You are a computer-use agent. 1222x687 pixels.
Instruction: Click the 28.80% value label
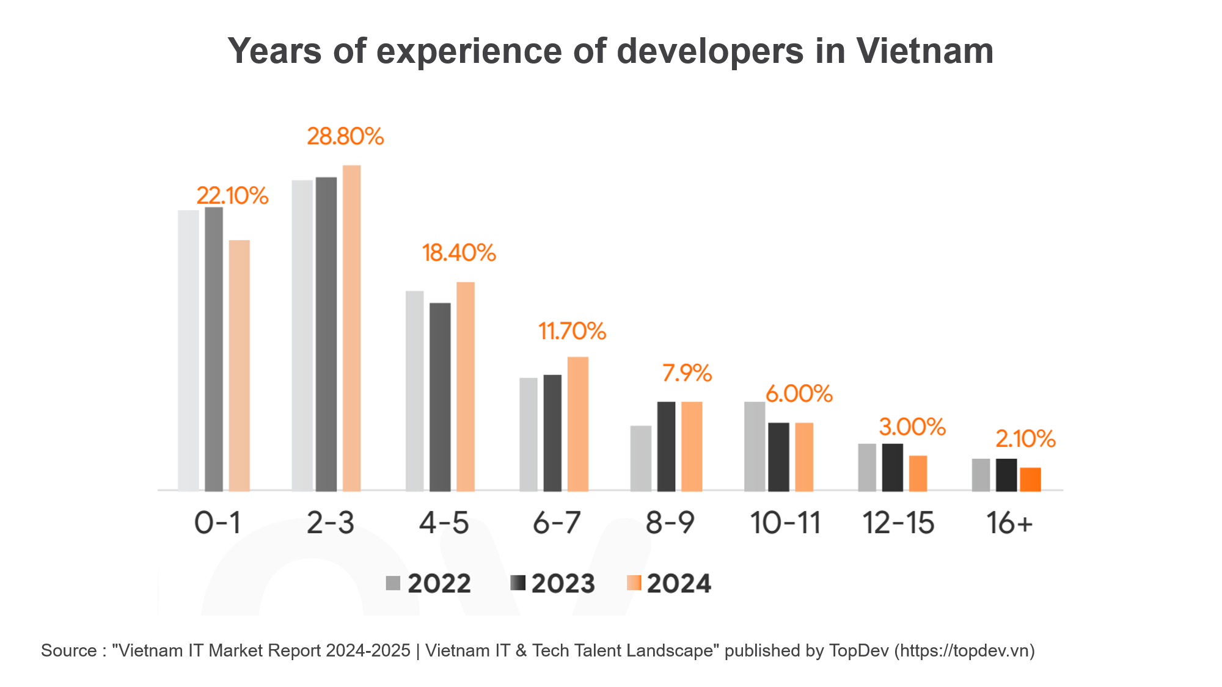pos(345,136)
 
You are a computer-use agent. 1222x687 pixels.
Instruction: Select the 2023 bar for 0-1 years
pos(214,349)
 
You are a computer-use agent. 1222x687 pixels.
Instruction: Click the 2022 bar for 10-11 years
pos(755,446)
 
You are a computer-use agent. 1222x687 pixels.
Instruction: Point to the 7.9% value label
pos(687,373)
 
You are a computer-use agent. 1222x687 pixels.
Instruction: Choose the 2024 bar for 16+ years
pos(1030,479)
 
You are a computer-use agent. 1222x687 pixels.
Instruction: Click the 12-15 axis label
pos(898,523)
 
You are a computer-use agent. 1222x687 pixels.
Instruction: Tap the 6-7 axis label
pos(557,523)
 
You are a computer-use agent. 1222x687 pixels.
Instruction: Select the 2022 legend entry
pos(428,583)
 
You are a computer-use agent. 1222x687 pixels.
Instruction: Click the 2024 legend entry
pos(669,583)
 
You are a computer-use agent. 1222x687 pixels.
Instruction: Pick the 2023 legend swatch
pos(517,583)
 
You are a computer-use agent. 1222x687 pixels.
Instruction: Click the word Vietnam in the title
pos(924,51)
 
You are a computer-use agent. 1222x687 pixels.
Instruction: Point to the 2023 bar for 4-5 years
pos(440,396)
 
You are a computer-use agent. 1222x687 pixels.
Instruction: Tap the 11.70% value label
pos(572,332)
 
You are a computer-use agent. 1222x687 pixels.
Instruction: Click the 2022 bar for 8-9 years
pos(641,458)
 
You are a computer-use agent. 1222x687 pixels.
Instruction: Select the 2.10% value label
pos(1025,439)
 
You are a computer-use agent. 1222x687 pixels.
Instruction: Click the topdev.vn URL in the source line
pos(965,651)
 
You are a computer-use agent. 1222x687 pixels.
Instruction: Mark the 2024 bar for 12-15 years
pos(918,473)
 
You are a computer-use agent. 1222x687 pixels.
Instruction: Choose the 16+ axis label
pos(1009,523)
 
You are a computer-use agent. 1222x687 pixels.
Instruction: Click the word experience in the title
pos(469,51)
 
